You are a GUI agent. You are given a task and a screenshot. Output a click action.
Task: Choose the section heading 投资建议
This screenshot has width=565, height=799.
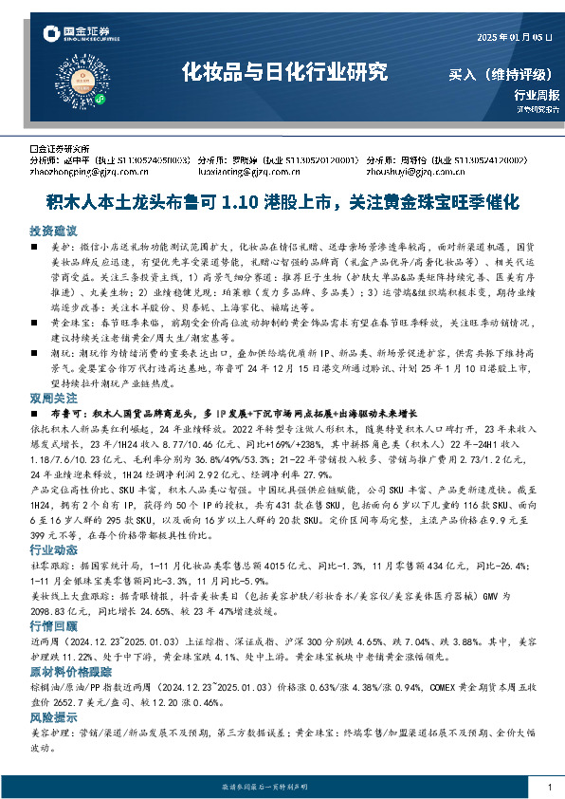pyautogui.click(x=52, y=231)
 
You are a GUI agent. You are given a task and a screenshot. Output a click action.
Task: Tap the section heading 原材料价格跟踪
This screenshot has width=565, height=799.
pyautogui.click(x=66, y=669)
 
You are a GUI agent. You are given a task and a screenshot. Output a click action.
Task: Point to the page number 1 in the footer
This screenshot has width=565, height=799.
pyautogui.click(x=550, y=787)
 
